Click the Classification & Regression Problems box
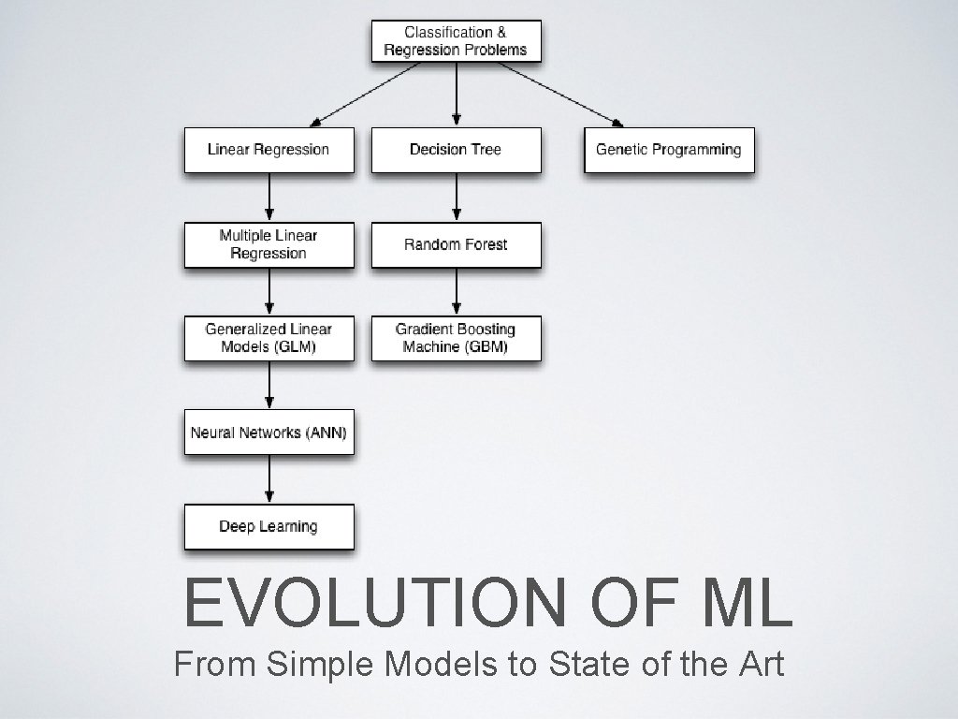point(456,41)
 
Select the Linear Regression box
point(269,150)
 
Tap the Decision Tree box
point(456,150)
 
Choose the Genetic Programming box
point(668,150)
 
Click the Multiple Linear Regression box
point(269,244)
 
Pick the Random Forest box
point(456,244)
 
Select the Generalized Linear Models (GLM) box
point(269,338)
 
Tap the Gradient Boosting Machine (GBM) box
point(456,338)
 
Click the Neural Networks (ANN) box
point(269,433)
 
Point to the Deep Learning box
point(269,526)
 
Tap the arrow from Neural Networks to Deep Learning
point(269,479)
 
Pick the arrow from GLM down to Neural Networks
point(269,385)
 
